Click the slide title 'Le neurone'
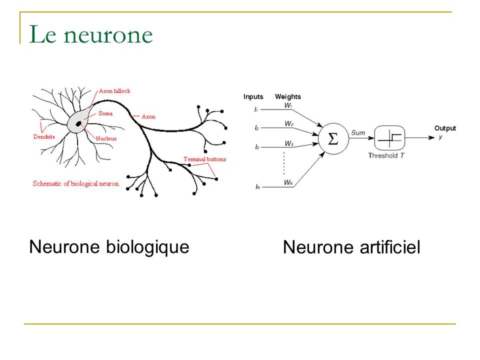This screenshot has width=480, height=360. [x=91, y=35]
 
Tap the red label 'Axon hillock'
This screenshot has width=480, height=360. [x=114, y=91]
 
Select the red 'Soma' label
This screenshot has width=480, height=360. [x=106, y=113]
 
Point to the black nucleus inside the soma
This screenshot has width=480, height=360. [x=79, y=123]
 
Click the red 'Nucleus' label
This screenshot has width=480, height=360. [x=106, y=139]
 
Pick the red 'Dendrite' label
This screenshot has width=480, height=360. [x=44, y=137]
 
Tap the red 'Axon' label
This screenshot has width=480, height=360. [x=148, y=117]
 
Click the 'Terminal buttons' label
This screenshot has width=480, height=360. [x=205, y=159]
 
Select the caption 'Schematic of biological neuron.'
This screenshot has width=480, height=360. [x=76, y=184]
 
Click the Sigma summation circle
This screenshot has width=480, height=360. [x=333, y=139]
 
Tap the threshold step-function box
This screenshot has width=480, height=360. [x=390, y=138]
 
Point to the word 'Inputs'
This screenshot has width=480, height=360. [x=253, y=97]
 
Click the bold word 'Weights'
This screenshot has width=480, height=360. [x=288, y=97]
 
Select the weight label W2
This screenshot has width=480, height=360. [x=289, y=124]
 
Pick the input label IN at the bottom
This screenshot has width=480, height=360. [x=258, y=187]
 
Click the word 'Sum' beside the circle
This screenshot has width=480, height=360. [x=358, y=132]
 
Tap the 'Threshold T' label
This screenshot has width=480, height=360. [x=386, y=156]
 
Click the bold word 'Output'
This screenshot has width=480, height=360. [x=445, y=128]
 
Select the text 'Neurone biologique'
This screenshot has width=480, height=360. [x=109, y=247]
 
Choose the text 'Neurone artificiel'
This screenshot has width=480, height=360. [x=351, y=247]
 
